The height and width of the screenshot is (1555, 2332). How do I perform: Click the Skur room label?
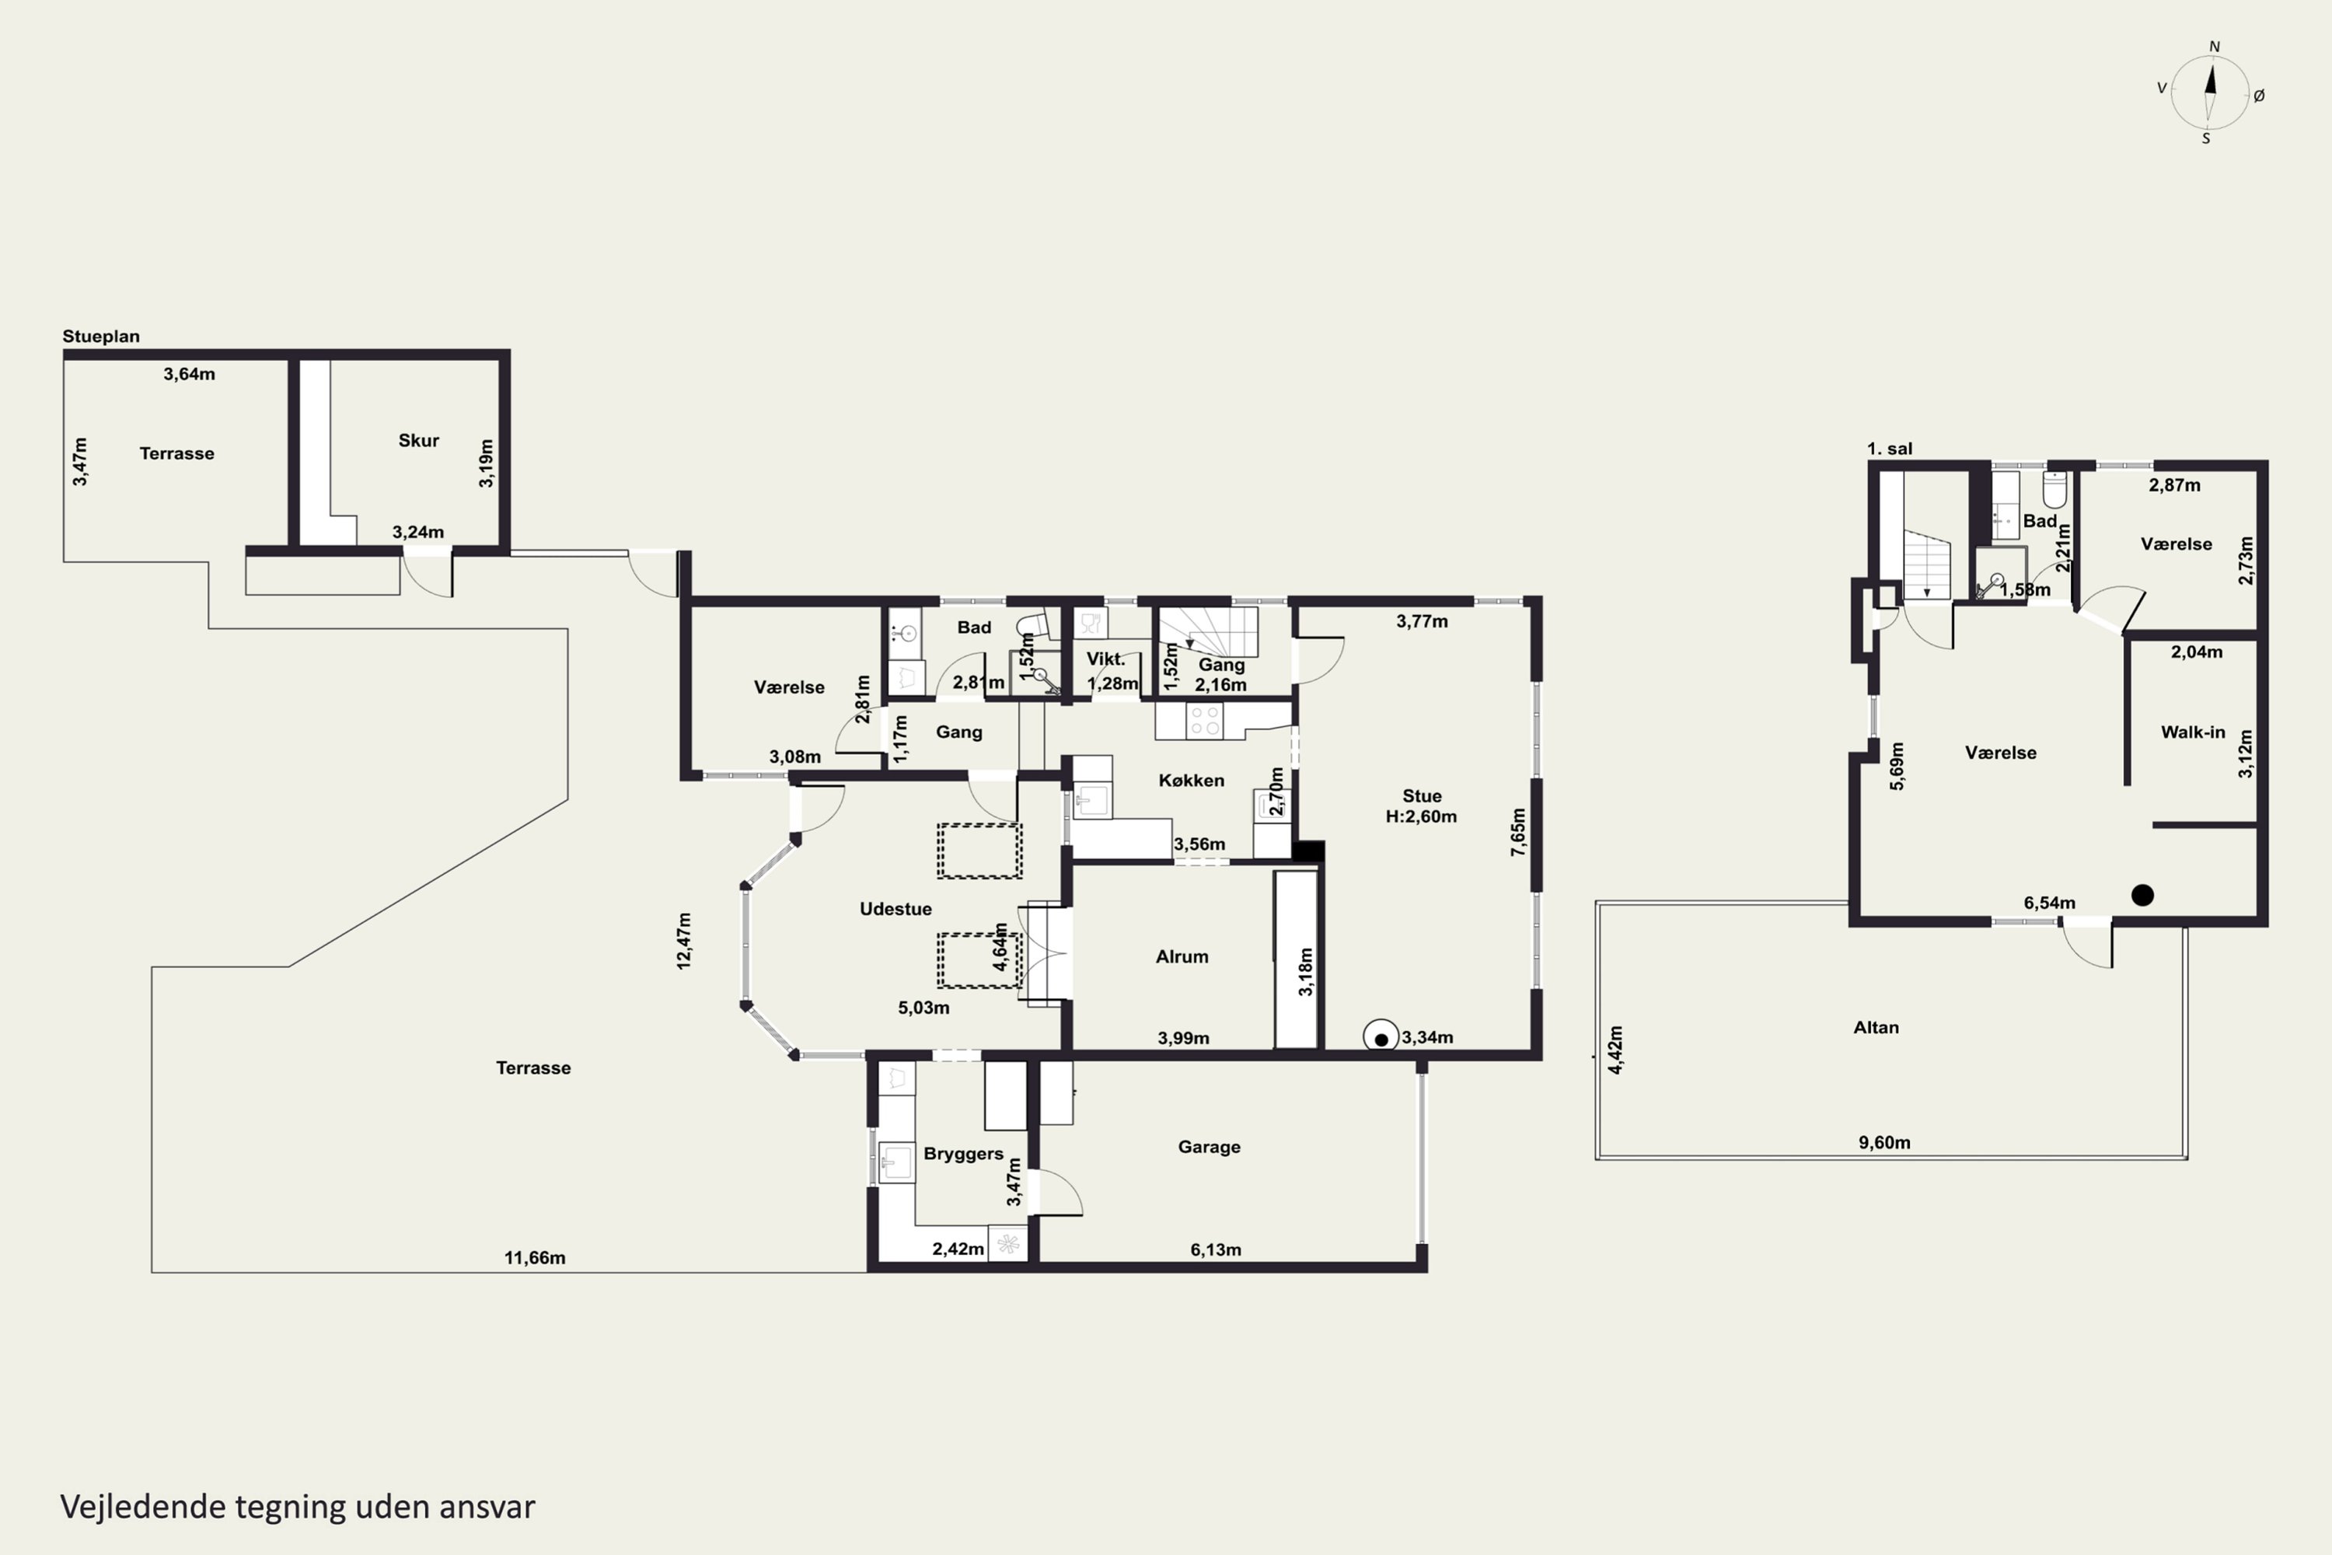(418, 440)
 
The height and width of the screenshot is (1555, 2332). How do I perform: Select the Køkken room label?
(1191, 781)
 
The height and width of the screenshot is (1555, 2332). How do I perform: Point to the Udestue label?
(895, 908)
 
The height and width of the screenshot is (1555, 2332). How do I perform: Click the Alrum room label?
(1182, 956)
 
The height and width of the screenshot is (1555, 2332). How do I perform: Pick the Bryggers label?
(963, 1155)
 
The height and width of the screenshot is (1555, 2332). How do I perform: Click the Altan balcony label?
(1876, 1027)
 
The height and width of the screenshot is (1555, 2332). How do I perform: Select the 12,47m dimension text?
(684, 940)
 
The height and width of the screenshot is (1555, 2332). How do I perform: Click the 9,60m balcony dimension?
(1883, 1142)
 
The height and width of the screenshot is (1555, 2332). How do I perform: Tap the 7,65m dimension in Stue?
(1517, 831)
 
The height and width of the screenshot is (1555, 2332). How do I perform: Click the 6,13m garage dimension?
(1216, 1249)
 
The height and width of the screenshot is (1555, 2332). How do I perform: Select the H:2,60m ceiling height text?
(1421, 816)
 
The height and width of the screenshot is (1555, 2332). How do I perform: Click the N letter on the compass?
(2214, 47)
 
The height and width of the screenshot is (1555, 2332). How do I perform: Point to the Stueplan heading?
(101, 336)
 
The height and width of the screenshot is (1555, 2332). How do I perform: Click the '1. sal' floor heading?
(1890, 449)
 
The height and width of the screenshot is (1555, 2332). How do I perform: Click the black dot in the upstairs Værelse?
(2142, 896)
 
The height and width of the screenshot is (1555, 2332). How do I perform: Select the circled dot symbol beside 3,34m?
(1381, 1038)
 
